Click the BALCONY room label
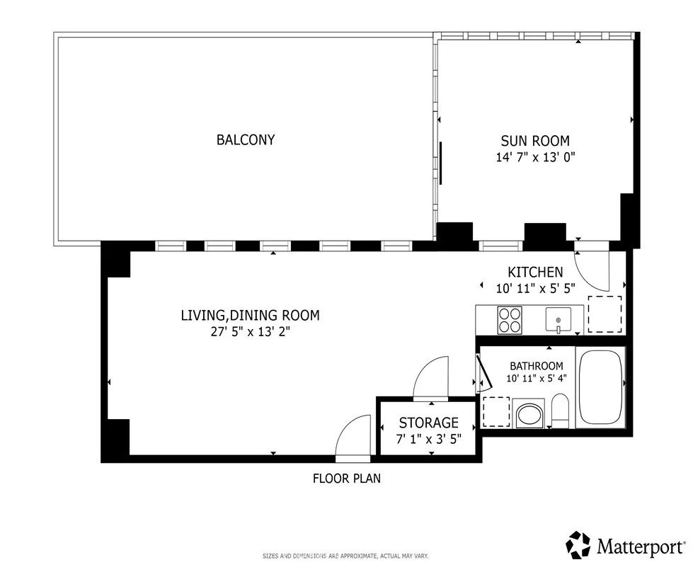[245, 140]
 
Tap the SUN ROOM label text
[534, 141]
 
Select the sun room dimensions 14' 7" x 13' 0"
[534, 157]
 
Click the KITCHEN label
[535, 272]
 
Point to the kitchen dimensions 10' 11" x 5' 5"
[535, 288]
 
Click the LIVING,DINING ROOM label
[250, 315]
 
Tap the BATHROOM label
[537, 366]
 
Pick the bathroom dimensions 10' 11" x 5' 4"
[537, 378]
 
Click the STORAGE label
[428, 423]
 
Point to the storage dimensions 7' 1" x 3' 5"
[428, 439]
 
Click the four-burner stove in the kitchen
[510, 320]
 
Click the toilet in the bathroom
[560, 412]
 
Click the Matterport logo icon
[578, 545]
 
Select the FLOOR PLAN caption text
[346, 479]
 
